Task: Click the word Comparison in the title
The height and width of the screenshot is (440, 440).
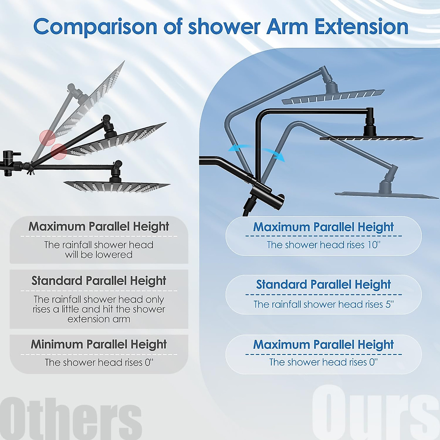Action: click(x=95, y=27)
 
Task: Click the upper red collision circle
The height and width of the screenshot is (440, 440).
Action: click(x=47, y=137)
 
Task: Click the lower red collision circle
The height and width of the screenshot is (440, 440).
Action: click(x=59, y=151)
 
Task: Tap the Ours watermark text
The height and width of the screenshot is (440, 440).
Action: click(x=374, y=412)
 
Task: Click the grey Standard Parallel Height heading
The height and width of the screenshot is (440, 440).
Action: click(x=99, y=281)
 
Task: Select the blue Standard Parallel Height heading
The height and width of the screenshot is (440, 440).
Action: click(x=323, y=285)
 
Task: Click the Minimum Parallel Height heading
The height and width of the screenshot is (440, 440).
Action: click(x=99, y=344)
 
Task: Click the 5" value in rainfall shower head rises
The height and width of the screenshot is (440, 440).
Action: click(x=389, y=304)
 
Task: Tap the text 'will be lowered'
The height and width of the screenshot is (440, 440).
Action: click(x=99, y=254)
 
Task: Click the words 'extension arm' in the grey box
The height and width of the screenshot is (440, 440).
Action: click(x=99, y=319)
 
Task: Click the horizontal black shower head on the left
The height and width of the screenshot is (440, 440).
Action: click(x=117, y=186)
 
